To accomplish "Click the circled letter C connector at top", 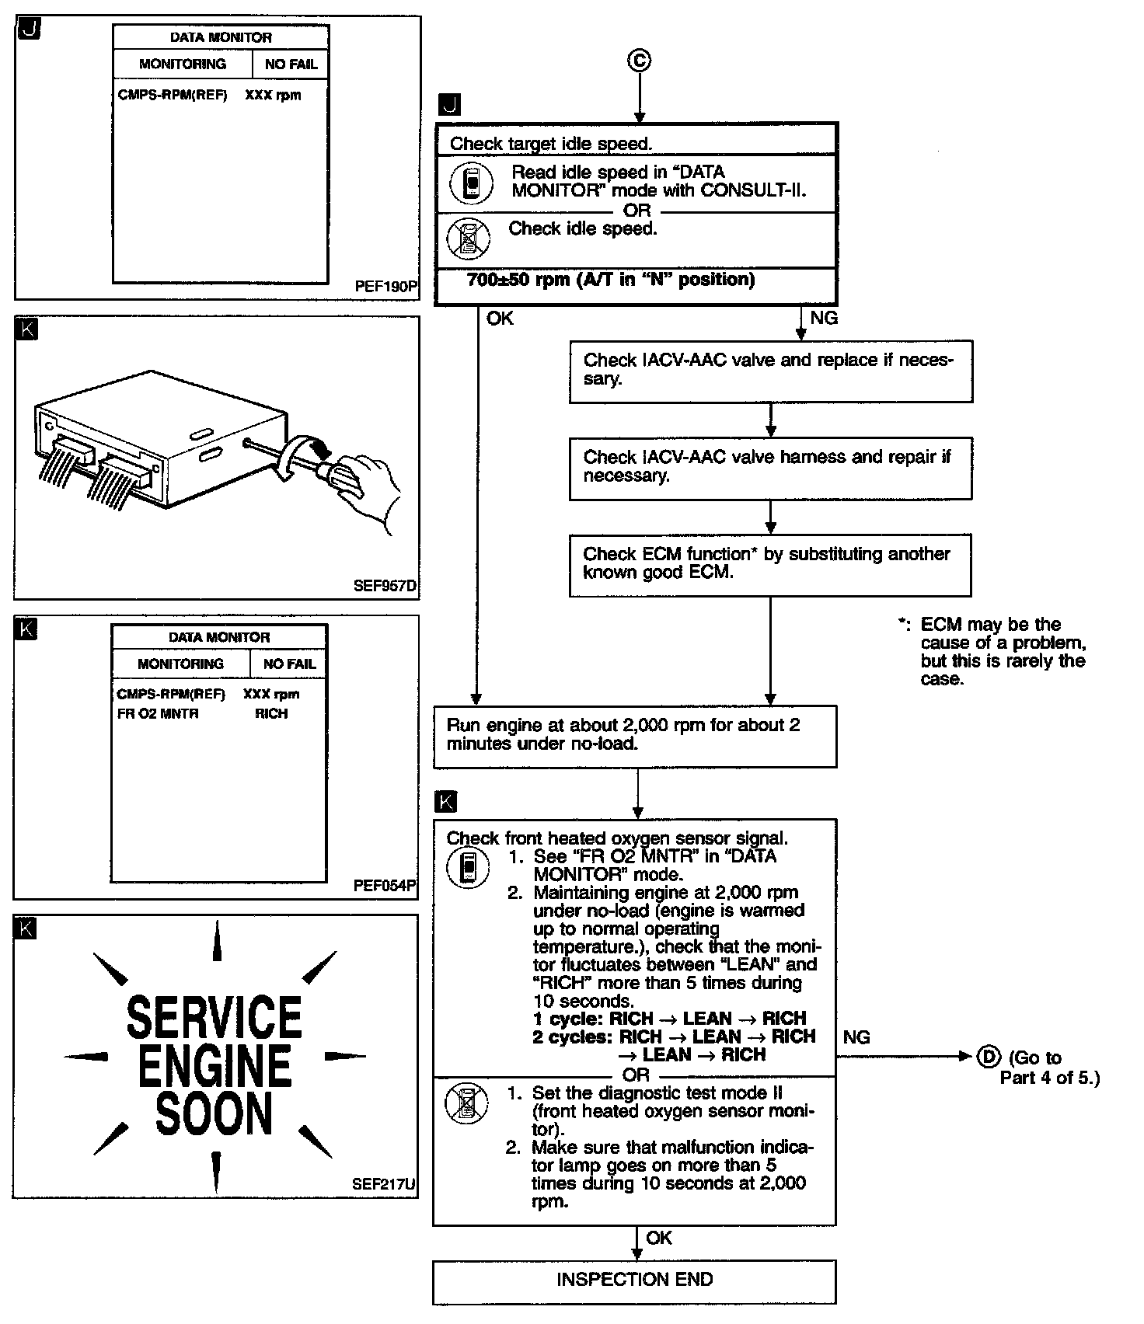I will point(639,61).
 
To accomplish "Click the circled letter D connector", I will point(988,1057).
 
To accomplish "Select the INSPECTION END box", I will point(634,1280).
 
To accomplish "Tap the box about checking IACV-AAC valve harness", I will point(770,467).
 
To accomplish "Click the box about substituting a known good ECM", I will point(770,564).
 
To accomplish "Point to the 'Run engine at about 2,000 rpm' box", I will point(635,735).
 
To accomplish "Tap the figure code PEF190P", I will point(385,287).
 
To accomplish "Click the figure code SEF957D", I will point(385,586).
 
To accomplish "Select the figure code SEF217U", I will point(384,1185).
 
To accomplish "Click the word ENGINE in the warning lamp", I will point(214,1066).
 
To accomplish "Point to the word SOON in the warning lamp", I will point(214,1113).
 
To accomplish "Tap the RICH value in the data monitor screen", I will point(271,713).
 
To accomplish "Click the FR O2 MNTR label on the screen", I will point(158,713).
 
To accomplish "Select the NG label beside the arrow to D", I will point(856,1037).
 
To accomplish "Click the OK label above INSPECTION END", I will point(659,1238).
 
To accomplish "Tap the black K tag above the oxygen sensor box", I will point(447,802).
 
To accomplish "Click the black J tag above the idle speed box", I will point(449,104).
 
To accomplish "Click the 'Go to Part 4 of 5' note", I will point(1049,1068).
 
